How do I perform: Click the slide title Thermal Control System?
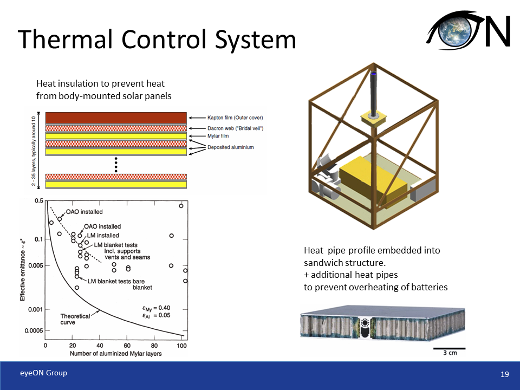[x=157, y=40]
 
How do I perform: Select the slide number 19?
[x=504, y=374]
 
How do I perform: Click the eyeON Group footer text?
[x=43, y=373]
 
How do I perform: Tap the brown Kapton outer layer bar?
[x=116, y=118]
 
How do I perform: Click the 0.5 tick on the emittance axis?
[x=39, y=201]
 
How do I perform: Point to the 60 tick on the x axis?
[x=127, y=346]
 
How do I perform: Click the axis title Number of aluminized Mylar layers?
[x=115, y=354]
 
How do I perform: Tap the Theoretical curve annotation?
[x=75, y=319]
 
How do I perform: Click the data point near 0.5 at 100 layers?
[x=181, y=206]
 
